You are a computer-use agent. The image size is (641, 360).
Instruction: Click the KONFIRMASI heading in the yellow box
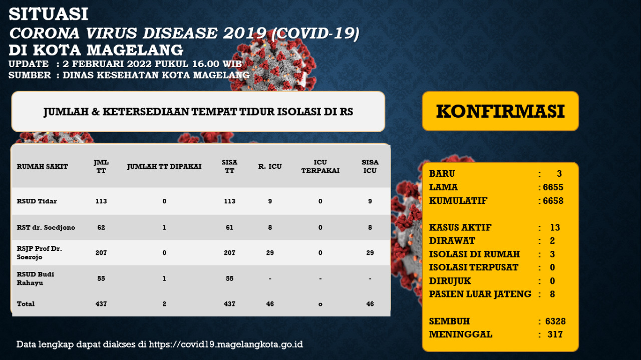(500, 111)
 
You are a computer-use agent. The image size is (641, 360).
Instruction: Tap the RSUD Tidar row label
(37, 201)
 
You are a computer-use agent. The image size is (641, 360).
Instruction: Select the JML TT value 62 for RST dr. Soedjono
(101, 227)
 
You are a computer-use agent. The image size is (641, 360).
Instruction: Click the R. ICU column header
(270, 166)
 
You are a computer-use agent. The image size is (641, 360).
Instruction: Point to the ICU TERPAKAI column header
(320, 166)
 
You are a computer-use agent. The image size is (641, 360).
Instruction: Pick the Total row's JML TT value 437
(101, 304)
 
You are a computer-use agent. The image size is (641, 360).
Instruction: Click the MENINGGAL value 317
(555, 334)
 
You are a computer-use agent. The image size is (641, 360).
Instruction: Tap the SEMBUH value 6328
(555, 321)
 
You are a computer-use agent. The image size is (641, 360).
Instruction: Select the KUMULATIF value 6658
(553, 201)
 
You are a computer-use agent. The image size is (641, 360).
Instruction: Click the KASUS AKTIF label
(460, 227)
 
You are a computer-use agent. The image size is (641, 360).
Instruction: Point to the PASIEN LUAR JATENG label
(480, 294)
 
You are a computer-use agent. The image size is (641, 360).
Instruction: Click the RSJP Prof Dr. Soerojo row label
(40, 253)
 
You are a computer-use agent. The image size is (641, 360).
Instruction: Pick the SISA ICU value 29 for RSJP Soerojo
(370, 253)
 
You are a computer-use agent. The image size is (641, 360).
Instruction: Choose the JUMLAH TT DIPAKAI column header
(164, 166)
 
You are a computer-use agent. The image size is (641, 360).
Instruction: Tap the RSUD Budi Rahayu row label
(36, 278)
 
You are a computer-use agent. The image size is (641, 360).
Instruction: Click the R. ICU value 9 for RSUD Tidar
(270, 201)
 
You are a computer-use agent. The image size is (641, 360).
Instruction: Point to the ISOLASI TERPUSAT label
(474, 267)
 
